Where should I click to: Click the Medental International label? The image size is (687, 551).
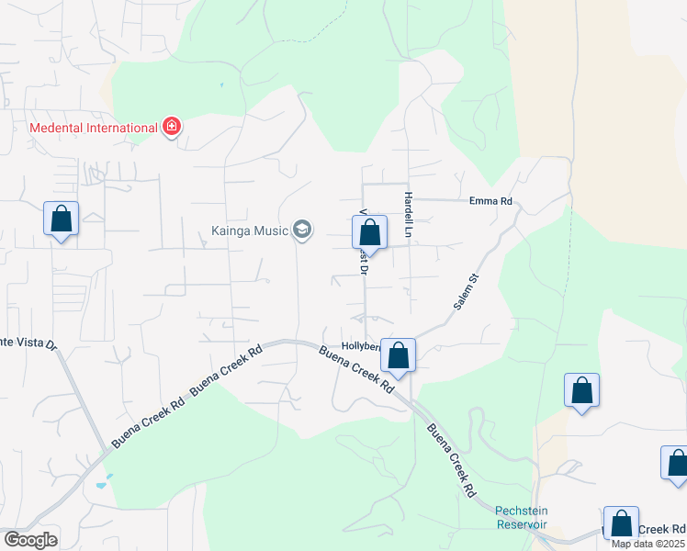click(x=94, y=128)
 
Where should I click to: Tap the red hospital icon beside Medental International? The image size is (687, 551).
click(x=171, y=127)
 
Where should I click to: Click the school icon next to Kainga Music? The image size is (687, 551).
click(x=302, y=230)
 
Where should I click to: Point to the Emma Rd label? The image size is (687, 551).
click(x=490, y=201)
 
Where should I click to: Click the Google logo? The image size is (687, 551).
click(x=30, y=540)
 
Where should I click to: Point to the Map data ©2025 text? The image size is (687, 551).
click(x=646, y=544)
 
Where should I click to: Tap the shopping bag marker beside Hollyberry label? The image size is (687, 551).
click(x=398, y=354)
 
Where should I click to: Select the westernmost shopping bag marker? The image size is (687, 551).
click(x=61, y=219)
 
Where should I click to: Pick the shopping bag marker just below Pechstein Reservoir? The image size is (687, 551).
click(x=621, y=523)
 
